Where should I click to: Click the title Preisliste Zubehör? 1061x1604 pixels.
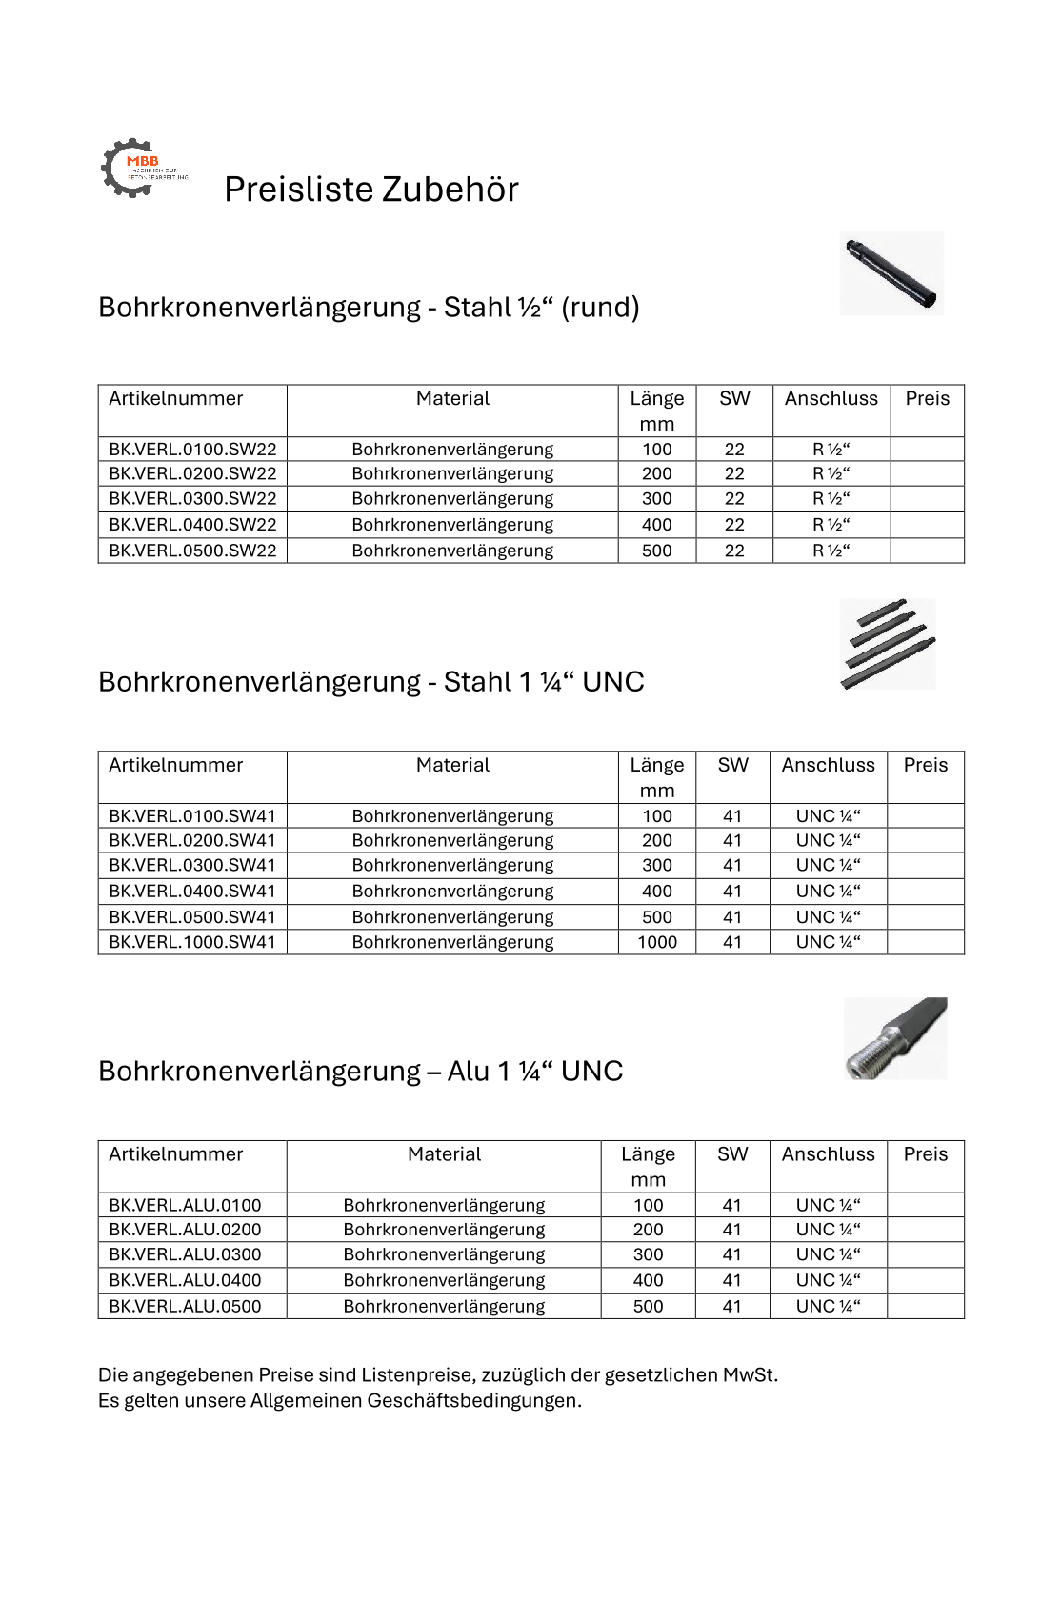(x=370, y=190)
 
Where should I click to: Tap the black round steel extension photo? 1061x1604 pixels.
(x=891, y=273)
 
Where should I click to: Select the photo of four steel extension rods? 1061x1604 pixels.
(x=888, y=644)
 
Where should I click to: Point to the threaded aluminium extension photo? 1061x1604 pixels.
(x=895, y=1038)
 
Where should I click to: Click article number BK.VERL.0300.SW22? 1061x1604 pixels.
(x=192, y=498)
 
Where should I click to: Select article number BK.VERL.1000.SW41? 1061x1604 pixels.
(x=192, y=942)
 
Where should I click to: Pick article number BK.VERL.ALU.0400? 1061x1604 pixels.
(x=185, y=1280)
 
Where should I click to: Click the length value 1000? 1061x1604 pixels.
(x=657, y=942)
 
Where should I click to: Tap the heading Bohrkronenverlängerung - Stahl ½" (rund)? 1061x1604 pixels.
(x=369, y=308)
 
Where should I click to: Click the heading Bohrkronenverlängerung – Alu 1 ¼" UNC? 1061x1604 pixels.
(x=360, y=1072)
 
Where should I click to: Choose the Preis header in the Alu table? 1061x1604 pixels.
(x=925, y=1154)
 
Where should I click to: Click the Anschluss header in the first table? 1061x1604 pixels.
(x=831, y=399)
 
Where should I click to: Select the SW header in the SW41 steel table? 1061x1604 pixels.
(x=732, y=765)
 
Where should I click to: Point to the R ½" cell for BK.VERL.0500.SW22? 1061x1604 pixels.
(x=831, y=551)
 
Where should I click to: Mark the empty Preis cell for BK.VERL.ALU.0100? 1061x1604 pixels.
(x=925, y=1205)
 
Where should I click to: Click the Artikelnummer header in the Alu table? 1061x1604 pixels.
(x=176, y=1154)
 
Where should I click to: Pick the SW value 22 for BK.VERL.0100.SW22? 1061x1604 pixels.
(x=734, y=450)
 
